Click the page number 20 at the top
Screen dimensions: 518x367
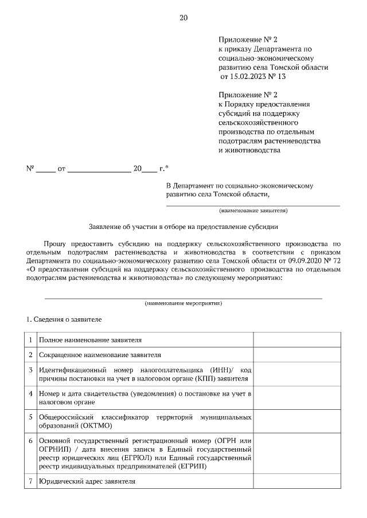[x=183, y=18]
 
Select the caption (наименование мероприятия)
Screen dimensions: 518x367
[x=183, y=303]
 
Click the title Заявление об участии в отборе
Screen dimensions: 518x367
[x=183, y=226]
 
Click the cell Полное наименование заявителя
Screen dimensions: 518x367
[x=90, y=340]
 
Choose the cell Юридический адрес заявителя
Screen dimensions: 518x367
[x=87, y=481]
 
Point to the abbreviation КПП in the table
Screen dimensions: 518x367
[x=202, y=379]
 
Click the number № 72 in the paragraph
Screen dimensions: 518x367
[x=335, y=260]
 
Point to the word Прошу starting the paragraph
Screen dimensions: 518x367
[x=54, y=243]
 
